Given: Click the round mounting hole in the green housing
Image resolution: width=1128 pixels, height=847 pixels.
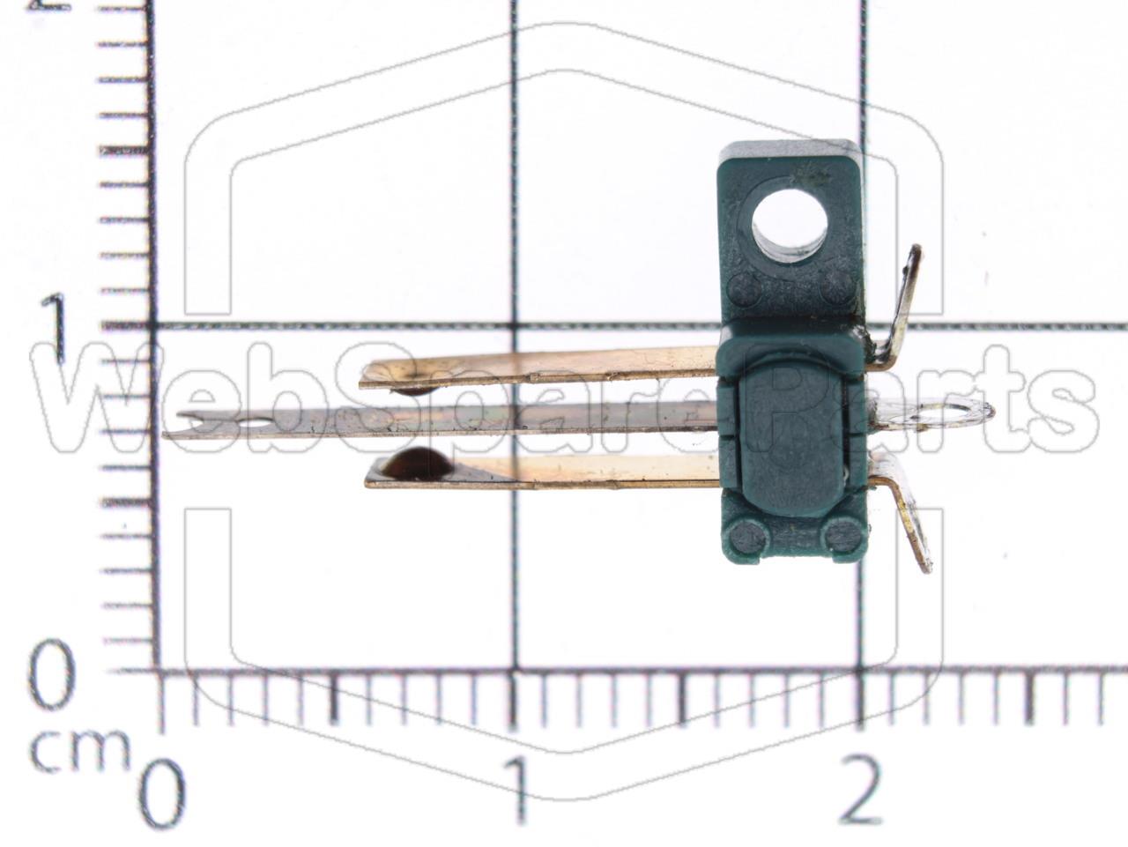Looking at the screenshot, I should (x=790, y=227).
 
